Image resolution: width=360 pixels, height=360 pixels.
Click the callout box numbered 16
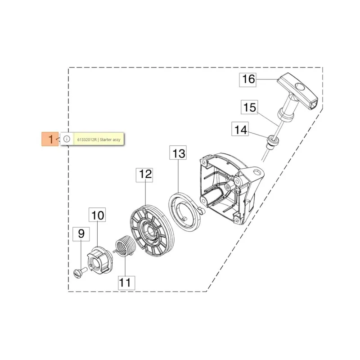pyautogui.click(x=248, y=80)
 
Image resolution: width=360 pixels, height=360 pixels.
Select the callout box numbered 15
pyautogui.click(x=249, y=107)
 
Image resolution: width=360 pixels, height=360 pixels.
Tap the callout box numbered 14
pyautogui.click(x=240, y=129)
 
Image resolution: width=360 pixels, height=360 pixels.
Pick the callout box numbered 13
pyautogui.click(x=178, y=153)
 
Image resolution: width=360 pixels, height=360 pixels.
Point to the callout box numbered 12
pyautogui.click(x=144, y=175)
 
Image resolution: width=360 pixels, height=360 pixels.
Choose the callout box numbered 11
pyautogui.click(x=127, y=283)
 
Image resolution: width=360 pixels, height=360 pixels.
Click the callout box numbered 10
pyautogui.click(x=97, y=215)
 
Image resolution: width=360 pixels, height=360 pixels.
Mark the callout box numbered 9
pyautogui.click(x=81, y=234)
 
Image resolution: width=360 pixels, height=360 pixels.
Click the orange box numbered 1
pyautogui.click(x=50, y=139)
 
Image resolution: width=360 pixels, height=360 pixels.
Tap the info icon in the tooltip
pyautogui.click(x=67, y=139)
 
